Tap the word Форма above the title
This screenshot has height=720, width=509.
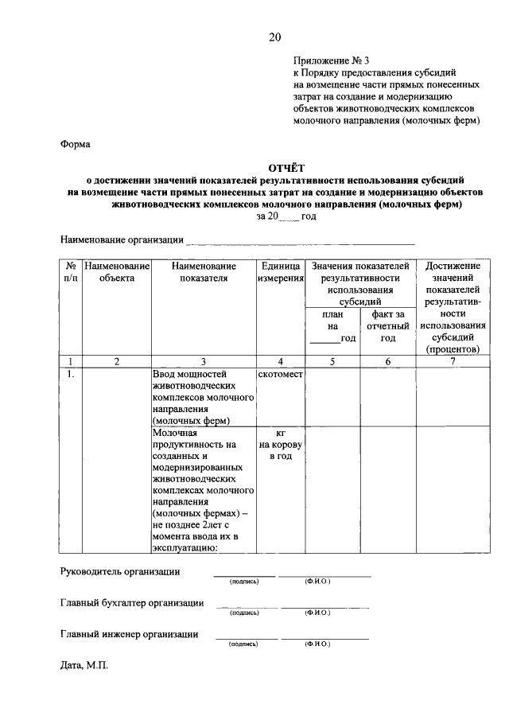click(76, 145)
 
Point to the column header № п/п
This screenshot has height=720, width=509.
click(71, 271)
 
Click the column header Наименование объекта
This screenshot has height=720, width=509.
click(117, 271)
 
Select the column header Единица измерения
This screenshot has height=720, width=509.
click(281, 271)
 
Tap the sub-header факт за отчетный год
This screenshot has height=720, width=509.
click(388, 326)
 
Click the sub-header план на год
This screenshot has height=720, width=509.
click(333, 326)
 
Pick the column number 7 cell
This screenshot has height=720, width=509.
click(453, 361)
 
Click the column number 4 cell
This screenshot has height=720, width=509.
click(281, 361)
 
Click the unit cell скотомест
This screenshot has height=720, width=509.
click(281, 374)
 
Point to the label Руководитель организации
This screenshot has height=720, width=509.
click(120, 571)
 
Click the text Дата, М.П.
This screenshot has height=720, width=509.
click(84, 664)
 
